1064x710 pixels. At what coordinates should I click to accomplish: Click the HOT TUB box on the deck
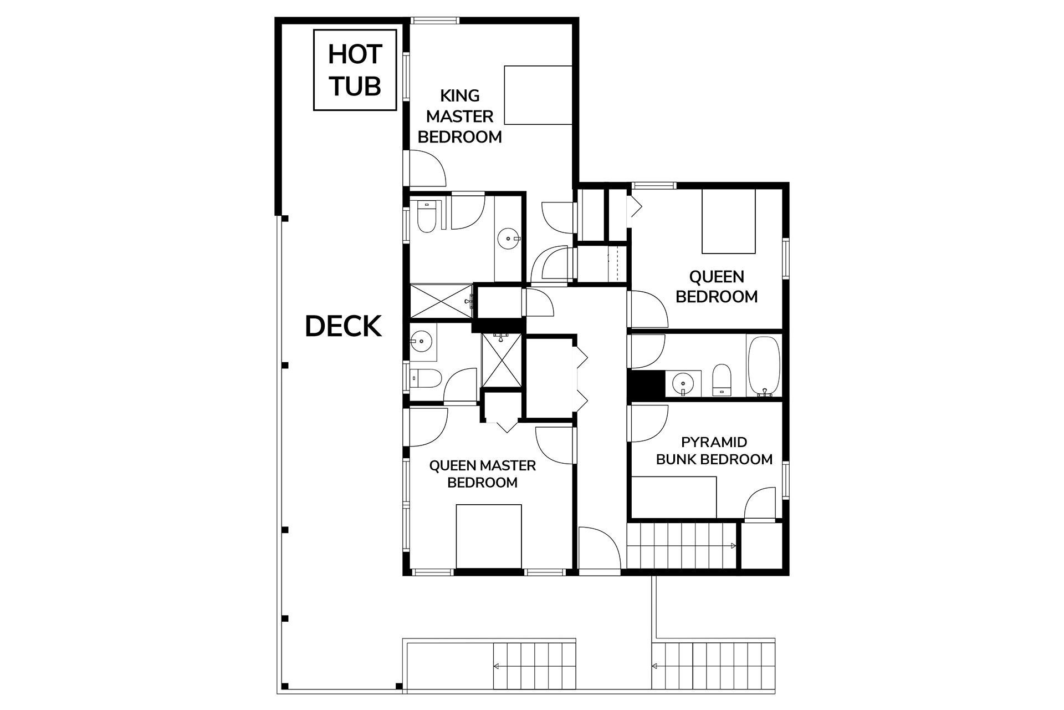coord(355,70)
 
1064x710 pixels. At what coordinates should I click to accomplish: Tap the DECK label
coord(343,326)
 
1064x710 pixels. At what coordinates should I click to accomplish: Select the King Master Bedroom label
coord(459,116)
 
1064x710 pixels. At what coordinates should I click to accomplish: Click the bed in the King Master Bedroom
coord(538,95)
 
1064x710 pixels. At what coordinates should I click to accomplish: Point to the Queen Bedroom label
coord(716,287)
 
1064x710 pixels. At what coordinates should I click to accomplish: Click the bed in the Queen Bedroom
coord(728,221)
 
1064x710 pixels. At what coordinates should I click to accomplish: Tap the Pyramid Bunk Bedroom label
coord(714,450)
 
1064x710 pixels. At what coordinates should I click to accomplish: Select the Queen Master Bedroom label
coord(482,474)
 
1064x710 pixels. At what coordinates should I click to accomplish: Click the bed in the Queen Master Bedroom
coord(488,536)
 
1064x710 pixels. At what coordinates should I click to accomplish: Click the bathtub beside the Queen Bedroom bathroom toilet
coord(764,366)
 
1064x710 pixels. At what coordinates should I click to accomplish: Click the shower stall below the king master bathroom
coord(441,301)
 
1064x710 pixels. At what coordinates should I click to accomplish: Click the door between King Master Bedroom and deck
coord(427,168)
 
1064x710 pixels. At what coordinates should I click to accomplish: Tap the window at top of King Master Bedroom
coord(435,21)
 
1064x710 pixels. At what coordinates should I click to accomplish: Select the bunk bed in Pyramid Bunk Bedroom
coord(674,498)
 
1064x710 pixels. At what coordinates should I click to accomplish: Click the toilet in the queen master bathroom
coord(427,379)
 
